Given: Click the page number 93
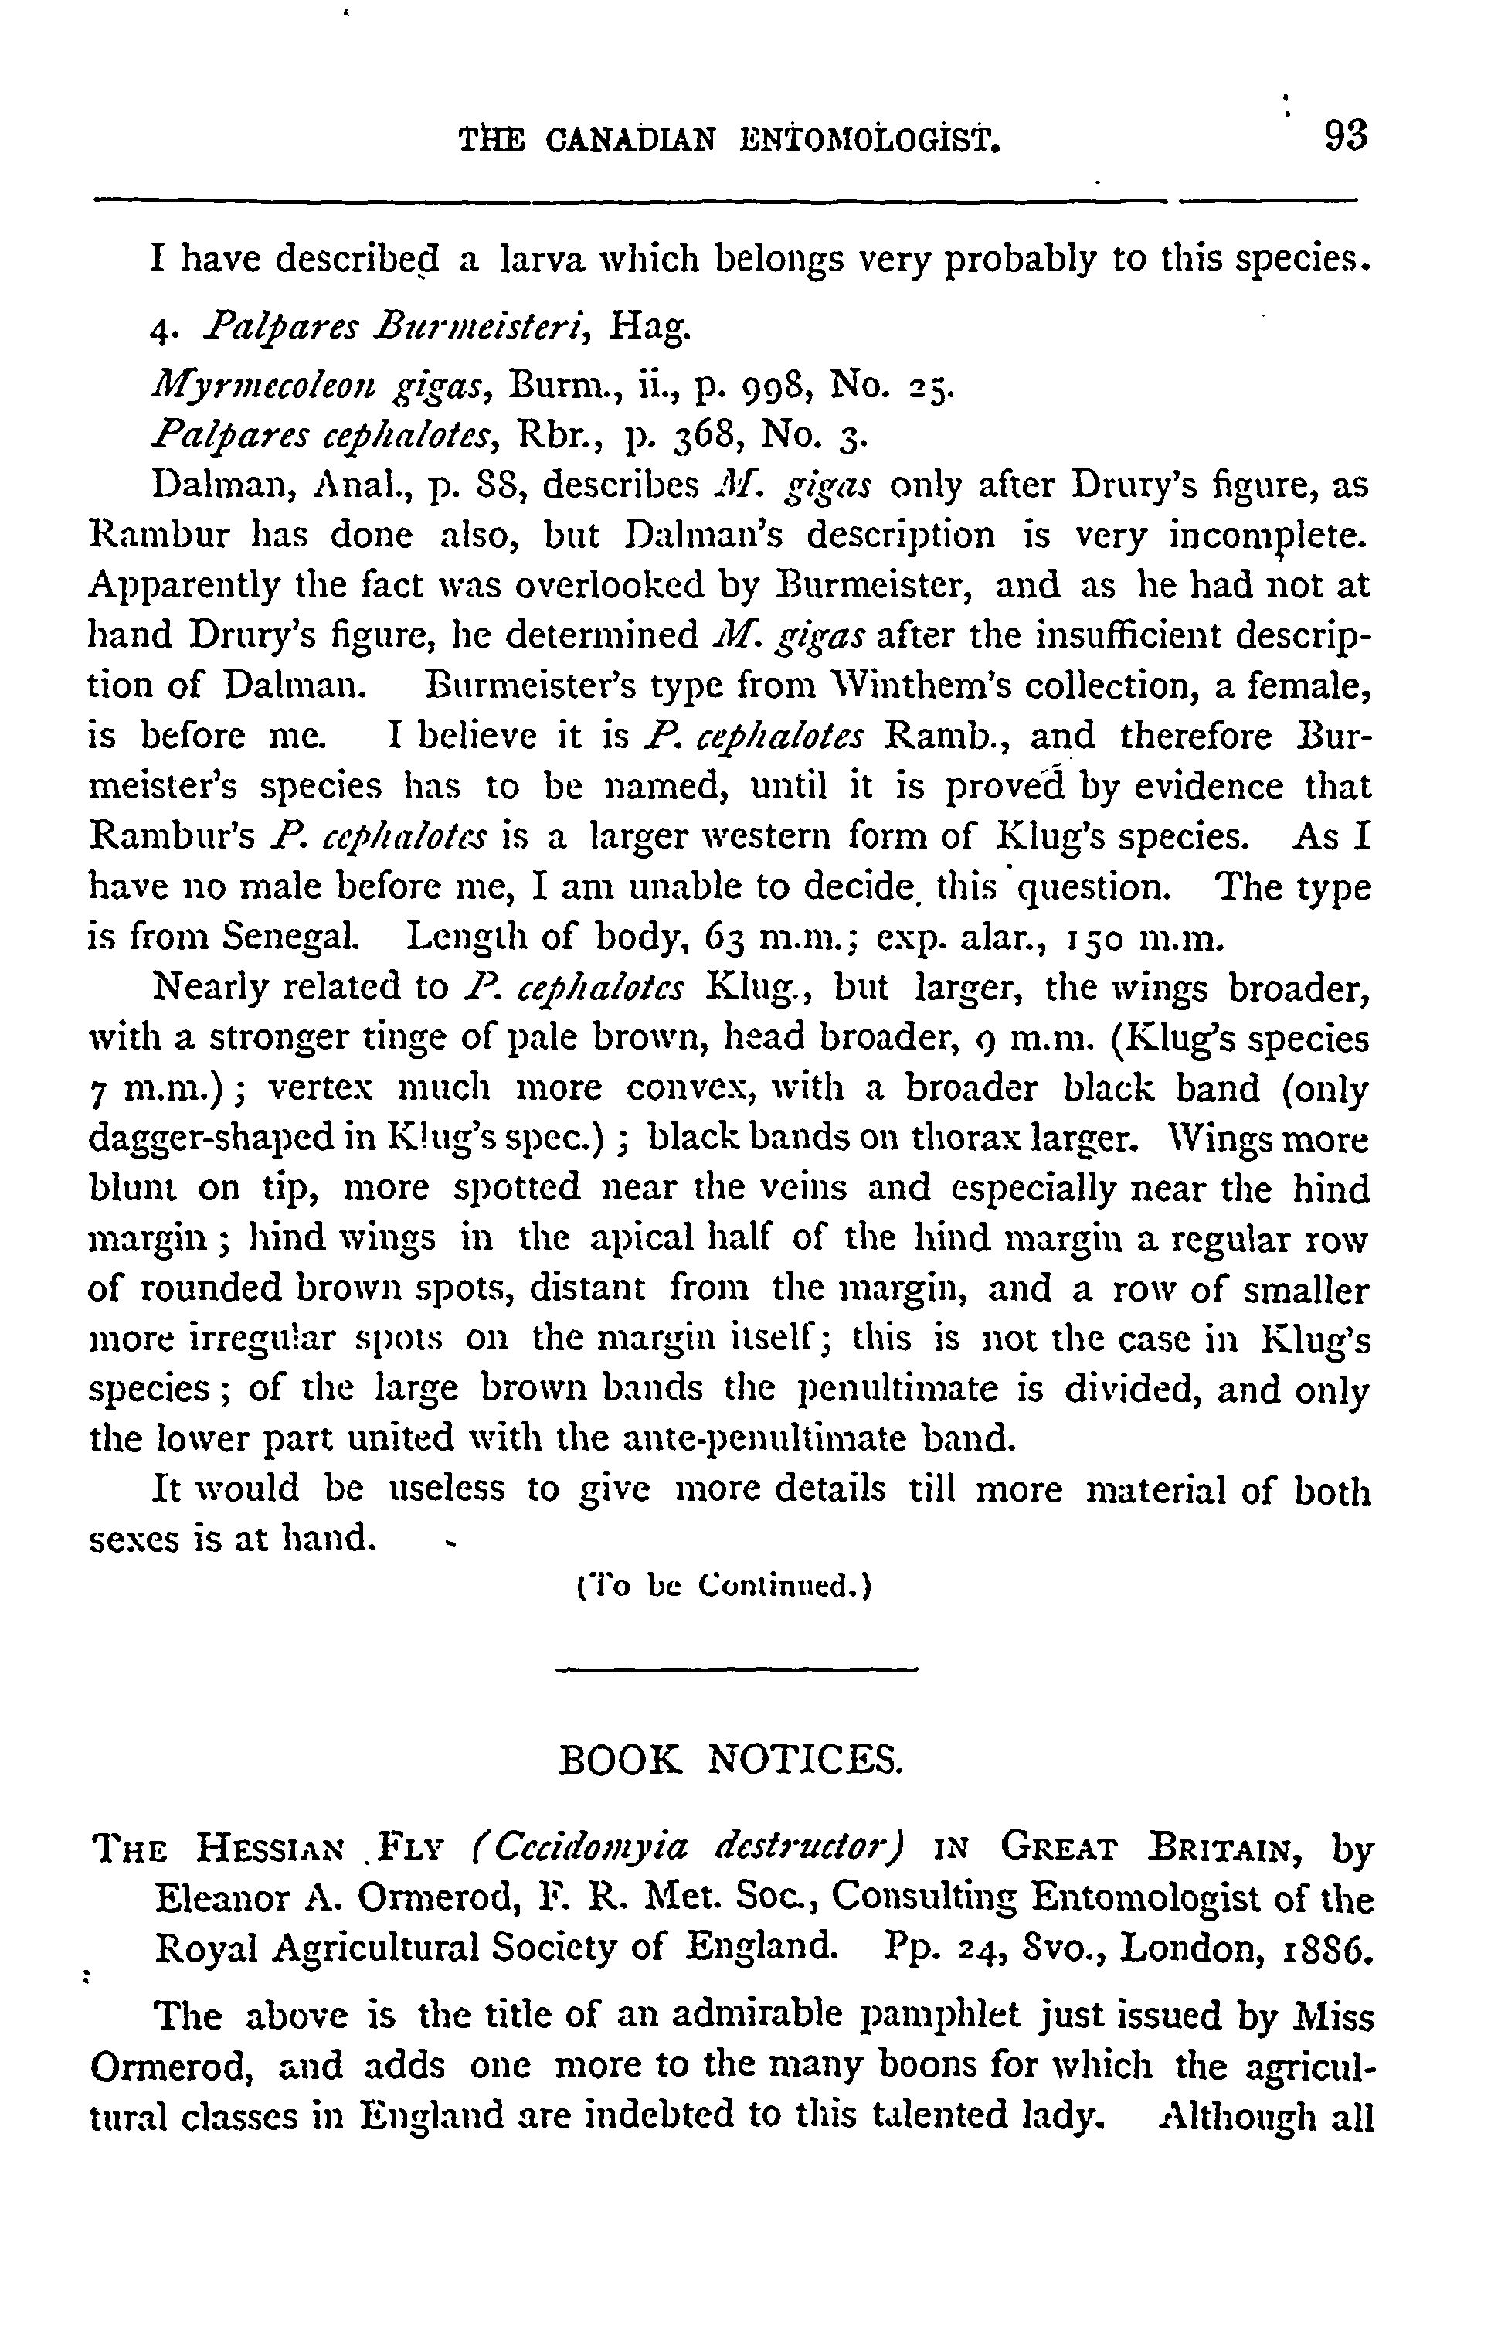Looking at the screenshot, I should (1345, 136).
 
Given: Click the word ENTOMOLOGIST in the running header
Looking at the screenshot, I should (869, 143).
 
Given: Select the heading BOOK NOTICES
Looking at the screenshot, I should (734, 1759).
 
